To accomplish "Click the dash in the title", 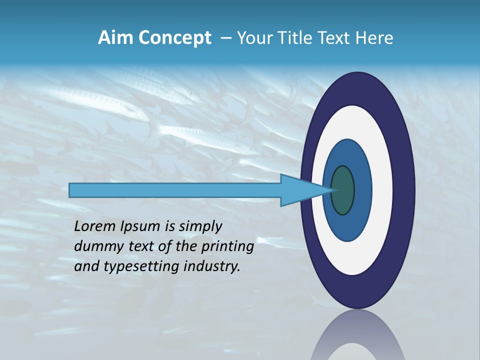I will click(x=225, y=38).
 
